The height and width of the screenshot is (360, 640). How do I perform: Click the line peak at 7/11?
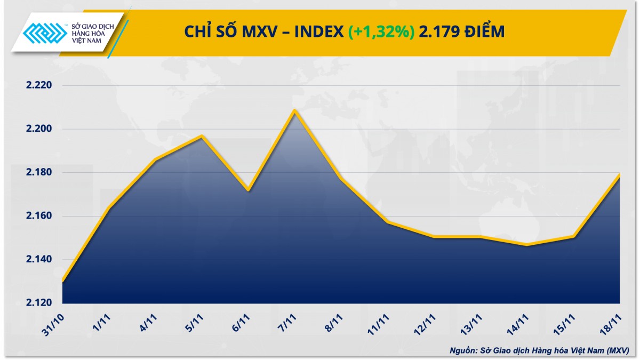click(294, 110)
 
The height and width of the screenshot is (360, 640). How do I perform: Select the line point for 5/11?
click(202, 136)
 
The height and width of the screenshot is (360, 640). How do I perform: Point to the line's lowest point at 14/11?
click(527, 245)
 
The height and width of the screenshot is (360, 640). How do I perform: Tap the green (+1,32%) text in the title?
click(381, 32)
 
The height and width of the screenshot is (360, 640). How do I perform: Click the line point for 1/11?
click(109, 208)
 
